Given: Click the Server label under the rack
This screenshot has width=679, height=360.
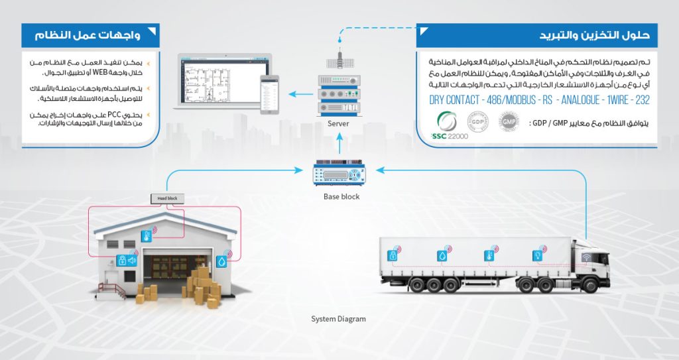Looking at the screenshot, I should (x=338, y=124).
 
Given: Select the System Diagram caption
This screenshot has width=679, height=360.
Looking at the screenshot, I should (x=338, y=319).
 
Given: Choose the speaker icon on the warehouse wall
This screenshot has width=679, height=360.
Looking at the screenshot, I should (x=131, y=261).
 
